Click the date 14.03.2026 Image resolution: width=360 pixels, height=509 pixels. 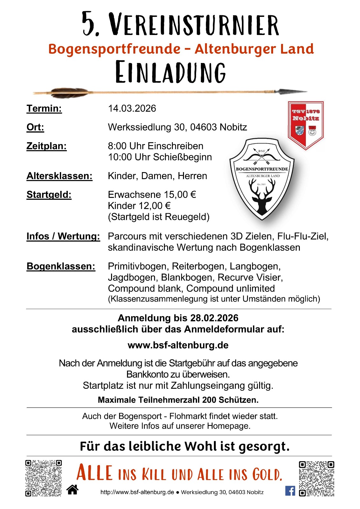click(x=132, y=108)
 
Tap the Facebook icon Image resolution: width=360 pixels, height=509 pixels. click(x=290, y=491)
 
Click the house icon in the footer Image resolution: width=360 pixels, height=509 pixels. click(x=73, y=490)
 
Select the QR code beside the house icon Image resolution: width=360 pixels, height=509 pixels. click(x=44, y=478)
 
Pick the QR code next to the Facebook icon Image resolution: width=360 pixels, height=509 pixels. click(x=316, y=478)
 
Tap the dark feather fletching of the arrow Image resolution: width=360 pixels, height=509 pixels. click(x=68, y=93)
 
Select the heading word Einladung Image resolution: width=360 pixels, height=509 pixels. click(x=171, y=72)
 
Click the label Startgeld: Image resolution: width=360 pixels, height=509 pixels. click(x=49, y=195)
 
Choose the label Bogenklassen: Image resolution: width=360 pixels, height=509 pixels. click(x=61, y=266)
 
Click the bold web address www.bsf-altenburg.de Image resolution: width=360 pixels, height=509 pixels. click(x=178, y=345)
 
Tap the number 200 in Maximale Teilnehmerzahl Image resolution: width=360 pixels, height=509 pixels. click(x=209, y=400)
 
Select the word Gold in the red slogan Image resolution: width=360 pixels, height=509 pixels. click(x=267, y=474)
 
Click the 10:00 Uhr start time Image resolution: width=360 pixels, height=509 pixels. click(x=119, y=157)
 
